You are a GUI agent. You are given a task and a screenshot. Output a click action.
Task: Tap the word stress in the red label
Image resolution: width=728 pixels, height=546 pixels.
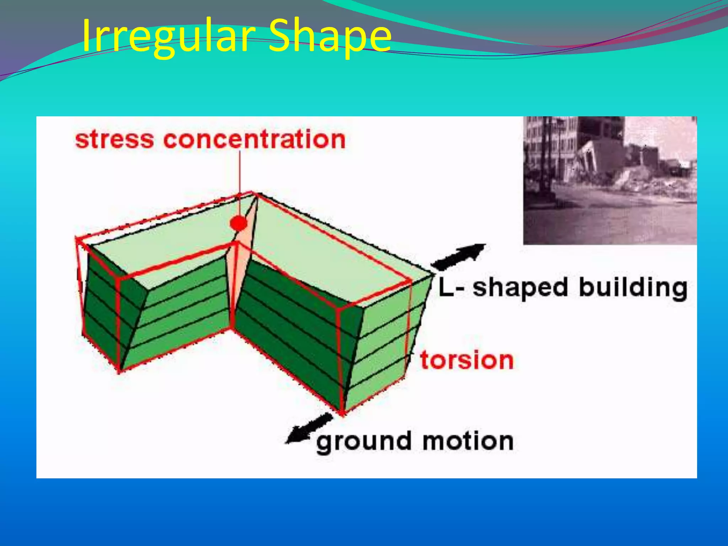pyautogui.click(x=114, y=139)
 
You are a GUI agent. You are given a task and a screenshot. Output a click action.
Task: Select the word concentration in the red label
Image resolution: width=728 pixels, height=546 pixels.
pyautogui.click(x=254, y=139)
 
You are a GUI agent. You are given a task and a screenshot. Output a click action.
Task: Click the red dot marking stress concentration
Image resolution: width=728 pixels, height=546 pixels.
pyautogui.click(x=238, y=223)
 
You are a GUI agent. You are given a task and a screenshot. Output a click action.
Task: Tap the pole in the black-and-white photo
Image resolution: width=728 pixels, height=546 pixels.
pyautogui.click(x=544, y=160)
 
